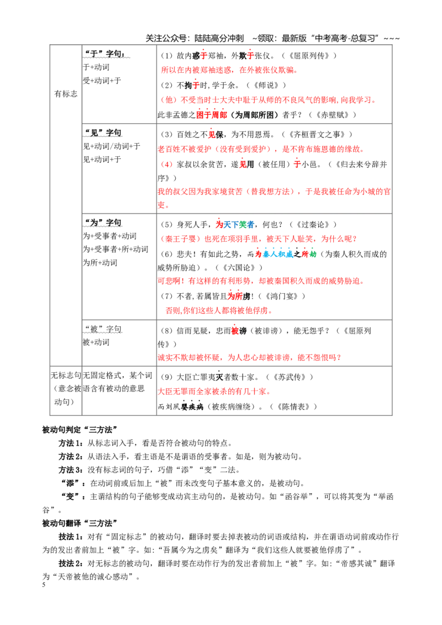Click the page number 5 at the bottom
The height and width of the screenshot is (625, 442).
coord(44,585)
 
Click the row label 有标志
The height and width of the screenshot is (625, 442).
coord(66,94)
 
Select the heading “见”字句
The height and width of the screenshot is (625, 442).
coord(103,133)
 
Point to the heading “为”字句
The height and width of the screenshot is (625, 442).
coord(103,223)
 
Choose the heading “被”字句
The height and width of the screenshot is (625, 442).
coord(103,329)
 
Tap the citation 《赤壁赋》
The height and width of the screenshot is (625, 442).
coord(332,115)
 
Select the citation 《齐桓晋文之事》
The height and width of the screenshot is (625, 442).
coord(317,134)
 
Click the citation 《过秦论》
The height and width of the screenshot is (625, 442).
coord(313,224)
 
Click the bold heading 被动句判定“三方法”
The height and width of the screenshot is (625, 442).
coord(80,430)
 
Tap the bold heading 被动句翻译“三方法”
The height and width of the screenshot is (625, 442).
coord(80,523)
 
